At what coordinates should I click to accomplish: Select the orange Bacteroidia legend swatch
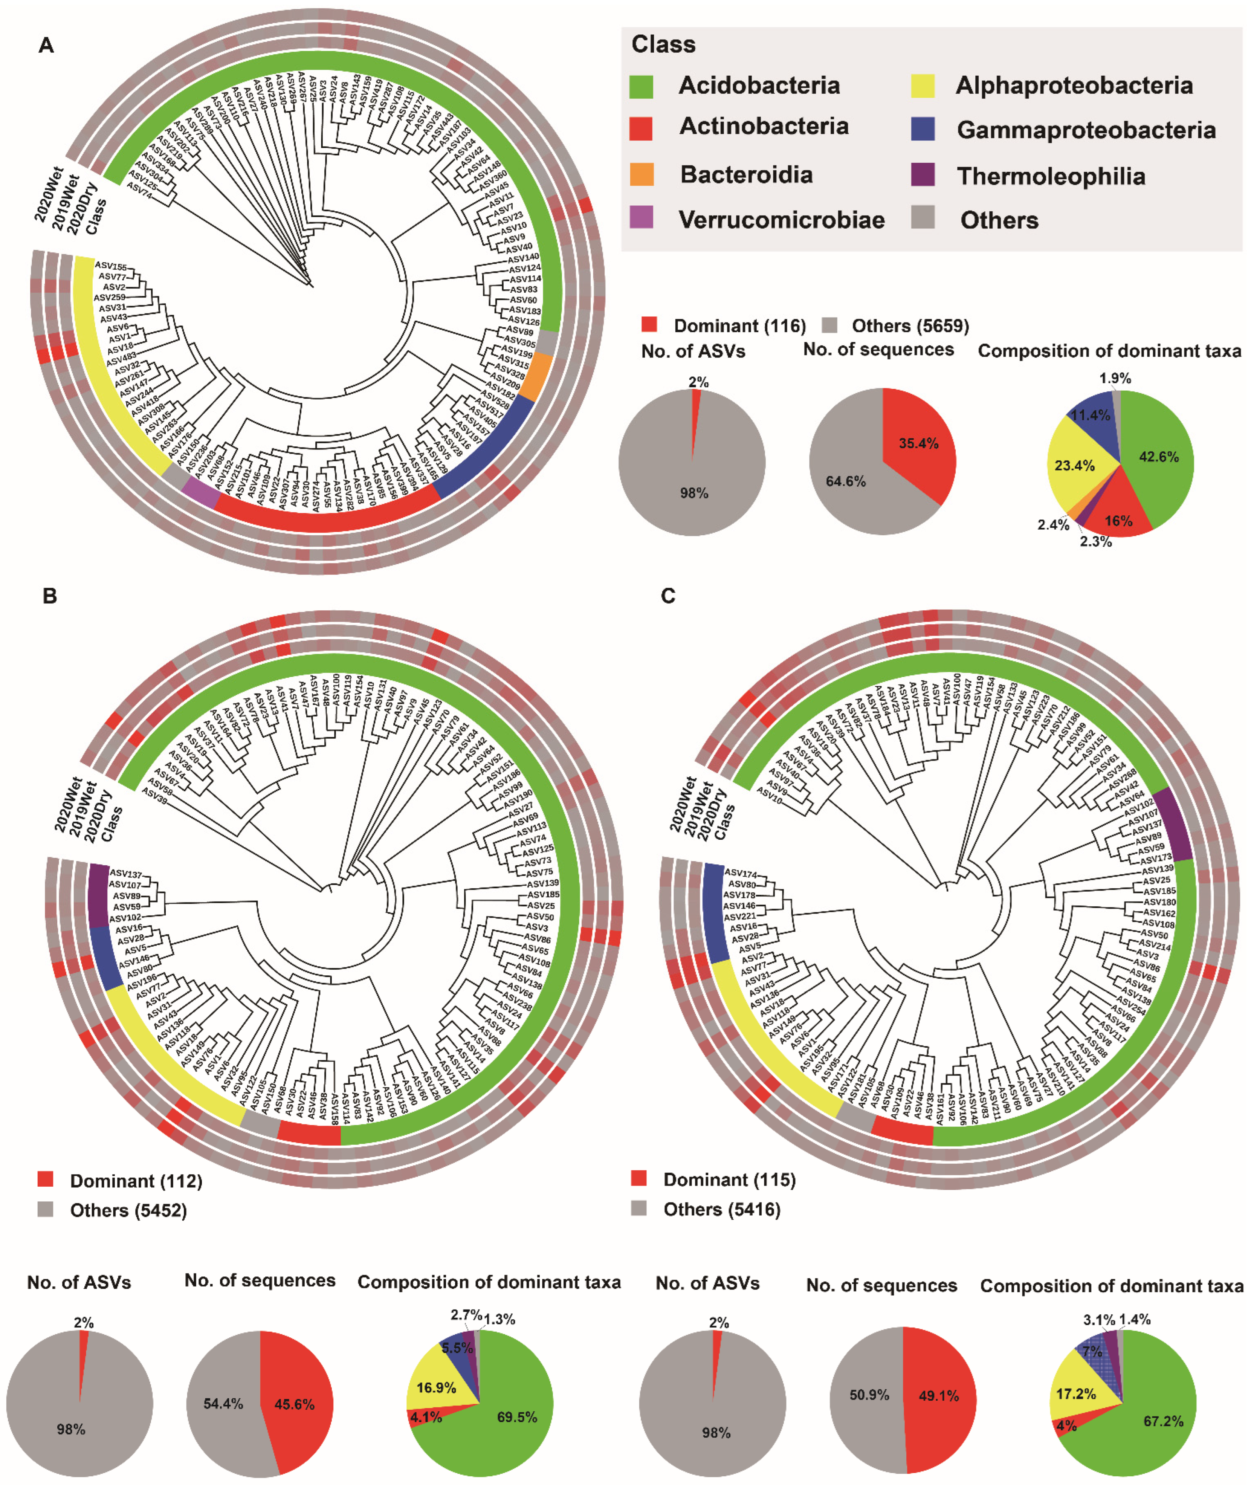click(x=641, y=174)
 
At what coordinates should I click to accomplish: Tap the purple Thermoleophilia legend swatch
click(x=923, y=174)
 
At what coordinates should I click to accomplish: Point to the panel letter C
click(x=668, y=596)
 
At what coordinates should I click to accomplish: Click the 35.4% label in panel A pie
click(x=918, y=443)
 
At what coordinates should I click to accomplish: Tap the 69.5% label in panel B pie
click(x=516, y=1417)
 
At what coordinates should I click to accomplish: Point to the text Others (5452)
click(x=128, y=1210)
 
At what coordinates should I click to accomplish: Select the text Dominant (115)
click(x=729, y=1179)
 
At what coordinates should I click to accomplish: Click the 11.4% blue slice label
click(x=1090, y=415)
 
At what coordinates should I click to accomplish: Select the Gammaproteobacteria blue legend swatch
click(x=923, y=129)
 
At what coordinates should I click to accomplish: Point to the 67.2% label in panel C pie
click(x=1163, y=1421)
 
